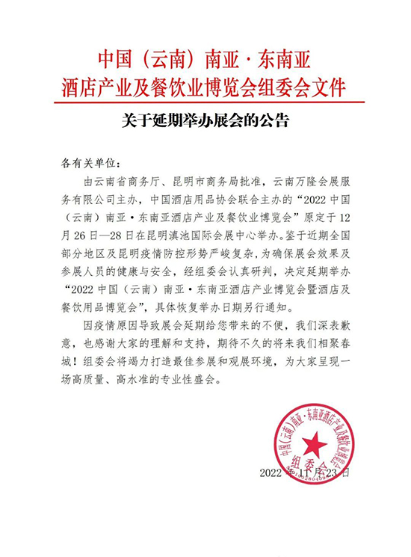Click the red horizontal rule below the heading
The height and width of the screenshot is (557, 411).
click(x=205, y=102)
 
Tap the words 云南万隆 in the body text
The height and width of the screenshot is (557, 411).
click(x=291, y=181)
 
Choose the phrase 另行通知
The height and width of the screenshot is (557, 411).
click(x=284, y=313)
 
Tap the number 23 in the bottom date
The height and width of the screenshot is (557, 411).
click(x=327, y=473)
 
